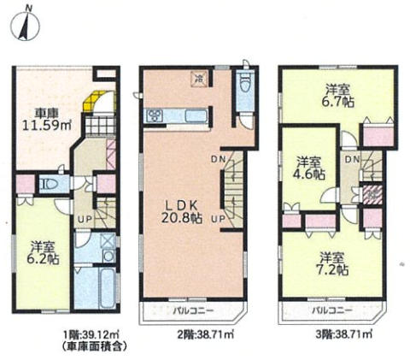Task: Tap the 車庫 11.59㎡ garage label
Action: [47, 119]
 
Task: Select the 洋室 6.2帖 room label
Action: [43, 252]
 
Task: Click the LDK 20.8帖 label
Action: [182, 212]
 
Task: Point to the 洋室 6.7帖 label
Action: [338, 96]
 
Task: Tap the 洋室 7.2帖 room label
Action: [331, 263]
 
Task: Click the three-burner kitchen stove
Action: [154, 116]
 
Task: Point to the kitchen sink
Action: [196, 116]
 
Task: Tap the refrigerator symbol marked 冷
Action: [200, 79]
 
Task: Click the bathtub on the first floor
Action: [108, 287]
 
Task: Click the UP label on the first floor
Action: [85, 219]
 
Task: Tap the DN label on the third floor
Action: [353, 160]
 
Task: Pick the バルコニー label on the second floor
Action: [194, 310]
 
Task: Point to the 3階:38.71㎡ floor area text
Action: [343, 334]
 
